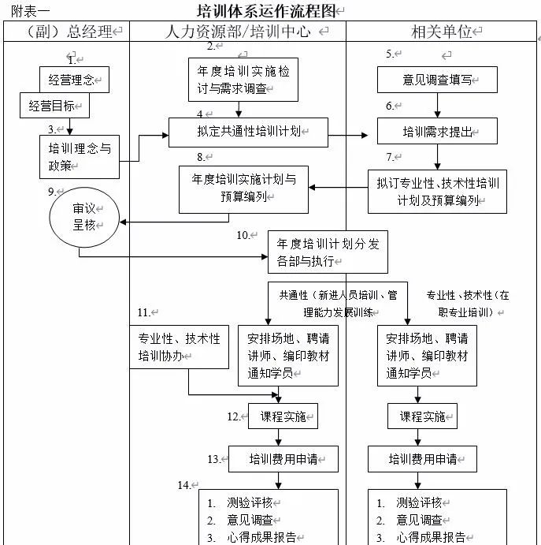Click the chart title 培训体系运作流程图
(265, 11)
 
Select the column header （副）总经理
(66, 32)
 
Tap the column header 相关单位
(442, 32)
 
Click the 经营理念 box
(74, 79)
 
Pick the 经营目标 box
(54, 106)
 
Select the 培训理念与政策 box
(80, 156)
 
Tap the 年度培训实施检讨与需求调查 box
(243, 80)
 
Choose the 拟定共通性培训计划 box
(247, 132)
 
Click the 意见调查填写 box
(436, 79)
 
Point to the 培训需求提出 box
(437, 132)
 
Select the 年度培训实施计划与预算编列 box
(243, 189)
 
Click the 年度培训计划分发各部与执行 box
(328, 252)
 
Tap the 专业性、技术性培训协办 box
(179, 346)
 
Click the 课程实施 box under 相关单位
(421, 416)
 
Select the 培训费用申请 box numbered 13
(283, 458)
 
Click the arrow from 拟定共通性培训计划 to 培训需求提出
(347, 136)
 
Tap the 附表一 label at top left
(30, 11)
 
